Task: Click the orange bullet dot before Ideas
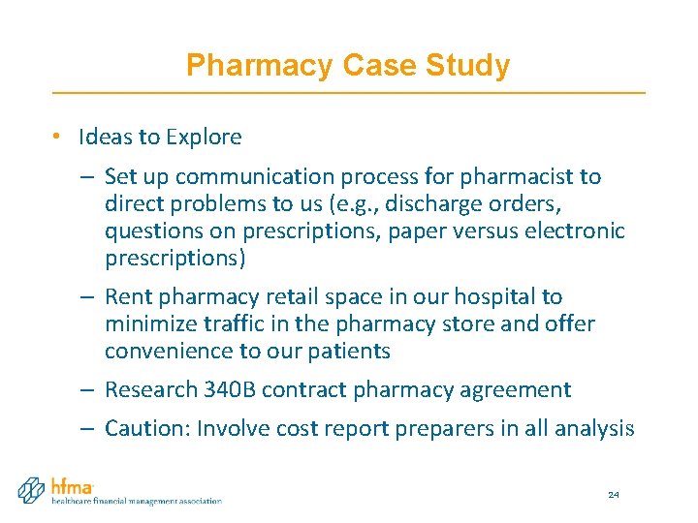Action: click(59, 138)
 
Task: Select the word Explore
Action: click(204, 137)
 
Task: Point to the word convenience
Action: click(167, 351)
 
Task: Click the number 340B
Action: click(230, 389)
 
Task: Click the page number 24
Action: click(613, 495)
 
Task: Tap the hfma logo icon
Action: click(32, 489)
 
